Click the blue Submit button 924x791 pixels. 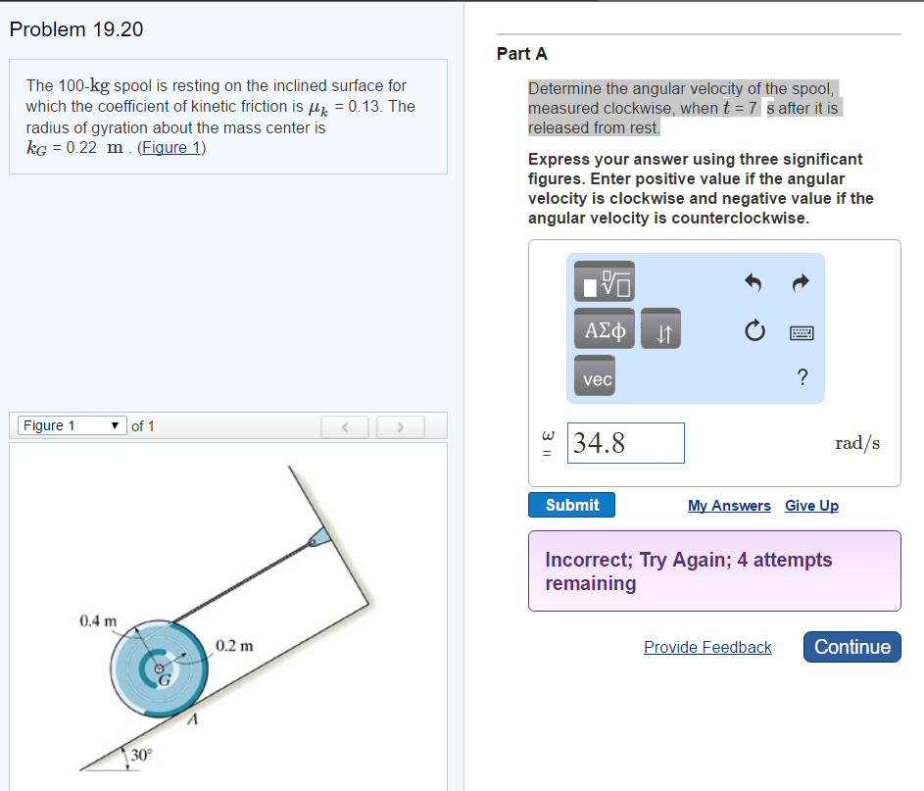[571, 505]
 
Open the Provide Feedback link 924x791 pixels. [707, 647]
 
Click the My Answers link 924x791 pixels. [729, 506]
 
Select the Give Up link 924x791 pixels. [811, 506]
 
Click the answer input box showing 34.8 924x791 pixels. [626, 443]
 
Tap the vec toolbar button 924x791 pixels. [595, 376]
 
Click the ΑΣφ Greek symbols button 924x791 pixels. [605, 329]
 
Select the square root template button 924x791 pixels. [605, 281]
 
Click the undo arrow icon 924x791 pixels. [754, 282]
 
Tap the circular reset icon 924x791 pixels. [754, 330]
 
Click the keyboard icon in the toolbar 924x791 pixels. [802, 333]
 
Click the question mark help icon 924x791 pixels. [802, 376]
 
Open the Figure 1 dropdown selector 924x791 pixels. [72, 425]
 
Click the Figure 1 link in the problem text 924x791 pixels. [170, 147]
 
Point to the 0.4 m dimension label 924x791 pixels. [98, 620]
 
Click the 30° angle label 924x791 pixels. [141, 755]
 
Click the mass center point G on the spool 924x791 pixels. [159, 668]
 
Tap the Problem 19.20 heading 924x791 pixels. [76, 29]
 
